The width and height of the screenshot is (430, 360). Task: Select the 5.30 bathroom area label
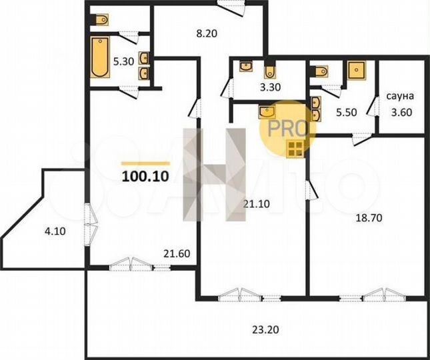coord(125,61)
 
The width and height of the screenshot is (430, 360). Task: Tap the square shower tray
coord(357,69)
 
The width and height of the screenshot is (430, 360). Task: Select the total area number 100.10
coord(145,177)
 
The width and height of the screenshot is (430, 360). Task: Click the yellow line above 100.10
coord(145,163)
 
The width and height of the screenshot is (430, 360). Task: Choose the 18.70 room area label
coord(363,217)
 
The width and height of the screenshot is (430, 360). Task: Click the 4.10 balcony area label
coord(56,232)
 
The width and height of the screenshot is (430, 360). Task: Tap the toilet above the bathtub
coord(102,21)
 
